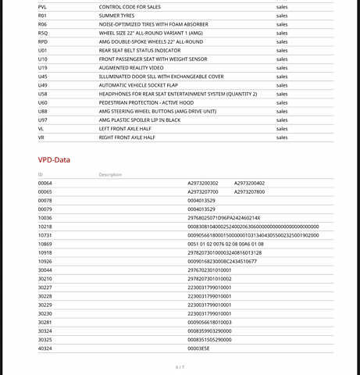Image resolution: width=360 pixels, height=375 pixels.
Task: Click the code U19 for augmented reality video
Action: pos(42,68)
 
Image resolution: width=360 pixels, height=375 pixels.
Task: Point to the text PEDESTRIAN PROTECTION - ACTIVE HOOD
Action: pos(144,102)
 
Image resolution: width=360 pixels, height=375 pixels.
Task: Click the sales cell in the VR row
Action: pos(282,137)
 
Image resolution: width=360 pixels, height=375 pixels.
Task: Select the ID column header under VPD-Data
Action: pos(40,174)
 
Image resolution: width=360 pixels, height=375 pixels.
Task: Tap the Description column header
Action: pos(110,174)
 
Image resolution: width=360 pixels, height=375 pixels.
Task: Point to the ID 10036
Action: pos(45,218)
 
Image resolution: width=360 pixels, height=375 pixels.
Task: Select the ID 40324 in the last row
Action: pos(45,348)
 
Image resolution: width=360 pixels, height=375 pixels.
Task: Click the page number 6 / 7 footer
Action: pos(180,366)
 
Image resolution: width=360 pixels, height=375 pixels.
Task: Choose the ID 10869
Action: pos(45,244)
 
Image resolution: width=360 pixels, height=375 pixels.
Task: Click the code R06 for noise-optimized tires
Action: pos(42,24)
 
